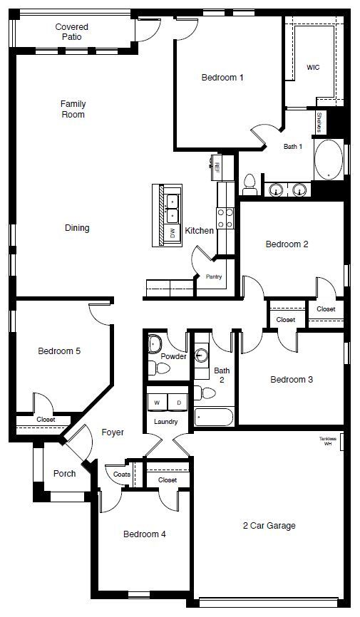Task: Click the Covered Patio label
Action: click(72, 31)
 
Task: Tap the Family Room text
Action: click(73, 109)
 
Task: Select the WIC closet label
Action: click(313, 67)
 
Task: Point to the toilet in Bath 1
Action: click(250, 184)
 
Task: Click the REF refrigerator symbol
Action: click(215, 166)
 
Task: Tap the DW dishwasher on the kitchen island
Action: click(172, 233)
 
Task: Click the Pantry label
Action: click(213, 276)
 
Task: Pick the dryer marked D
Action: click(178, 403)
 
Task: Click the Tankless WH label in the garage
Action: click(327, 441)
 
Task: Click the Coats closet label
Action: click(120, 474)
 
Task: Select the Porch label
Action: click(65, 474)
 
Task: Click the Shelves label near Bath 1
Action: click(319, 123)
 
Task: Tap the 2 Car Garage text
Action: click(268, 526)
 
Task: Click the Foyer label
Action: click(113, 432)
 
